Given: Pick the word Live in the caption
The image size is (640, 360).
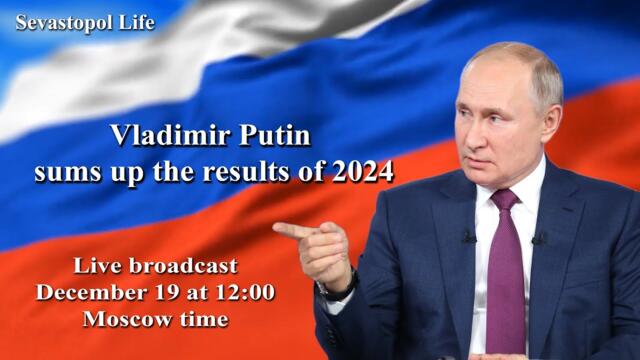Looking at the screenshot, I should point(97,266).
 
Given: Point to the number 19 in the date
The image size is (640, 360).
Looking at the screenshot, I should point(168,293).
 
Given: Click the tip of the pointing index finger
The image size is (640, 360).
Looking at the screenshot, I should point(277,229).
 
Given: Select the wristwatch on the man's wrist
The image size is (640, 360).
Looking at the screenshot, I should point(335,288).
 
